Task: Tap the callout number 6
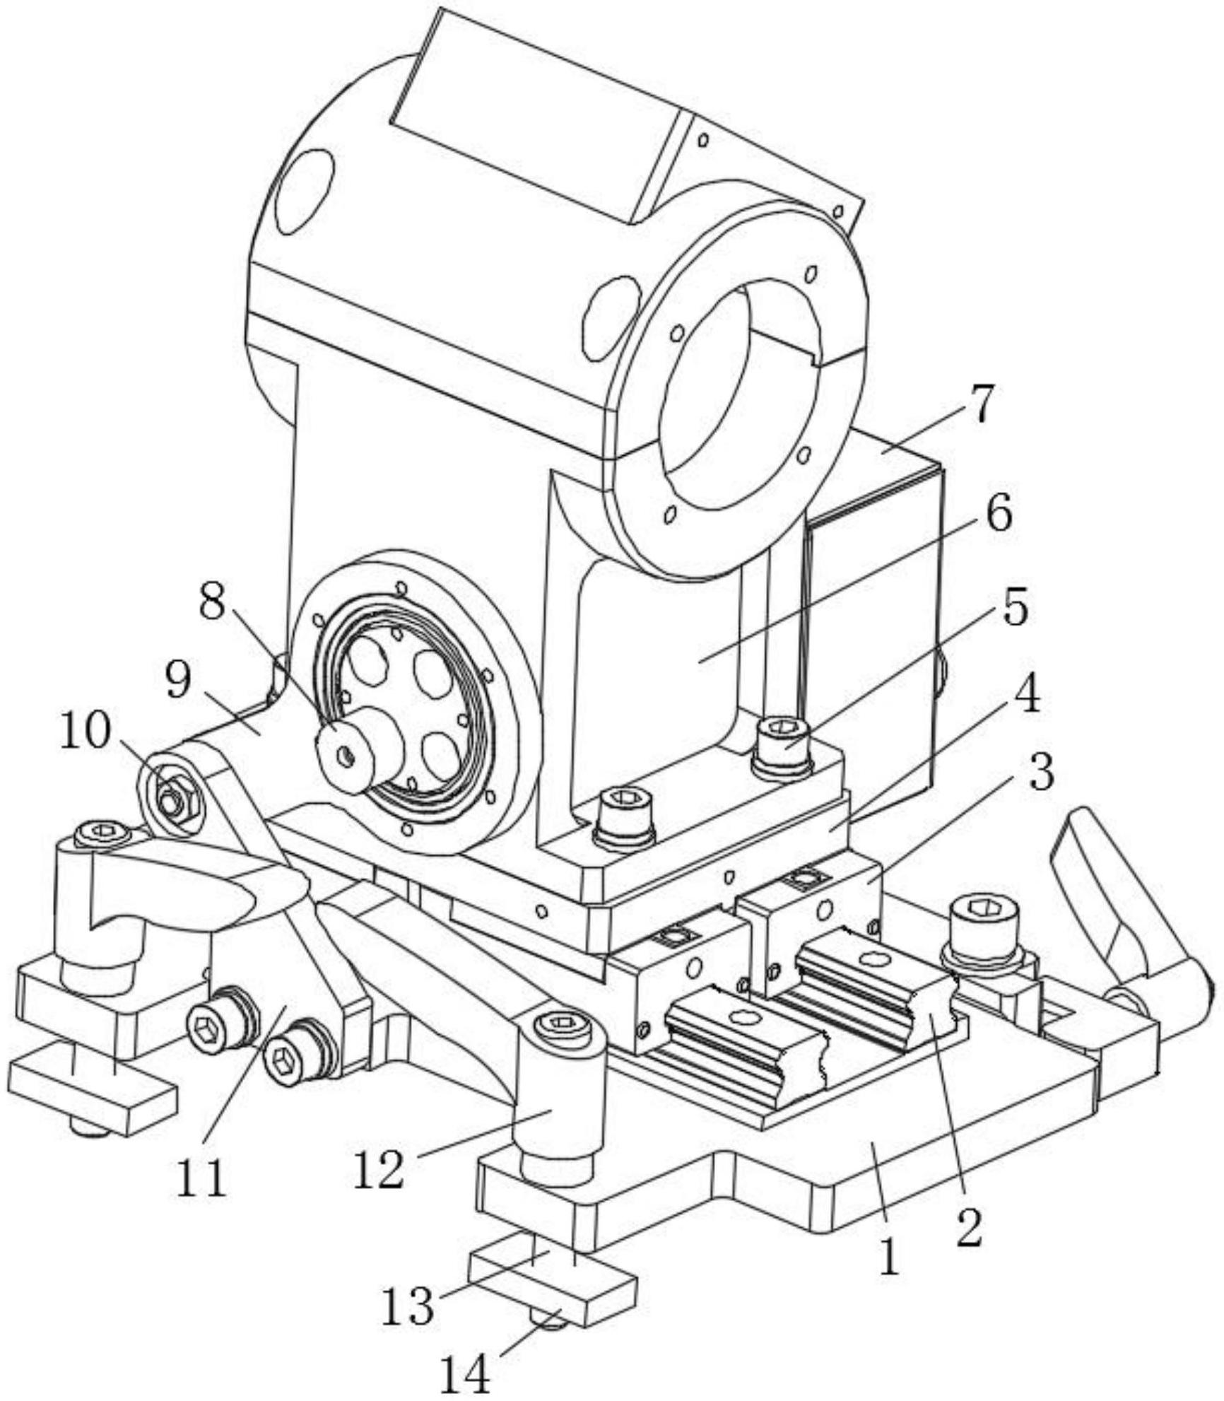998,515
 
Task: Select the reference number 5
1016,607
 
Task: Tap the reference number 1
890,1256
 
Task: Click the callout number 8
213,602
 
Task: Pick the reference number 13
408,1305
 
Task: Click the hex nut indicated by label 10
172,799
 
